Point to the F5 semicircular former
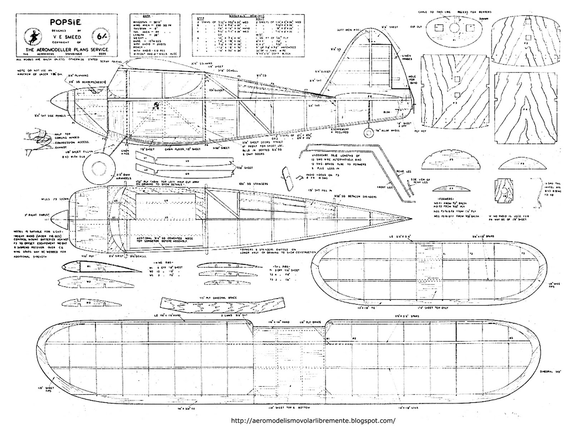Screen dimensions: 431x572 coord(451,160)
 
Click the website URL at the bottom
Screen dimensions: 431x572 coord(314,421)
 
